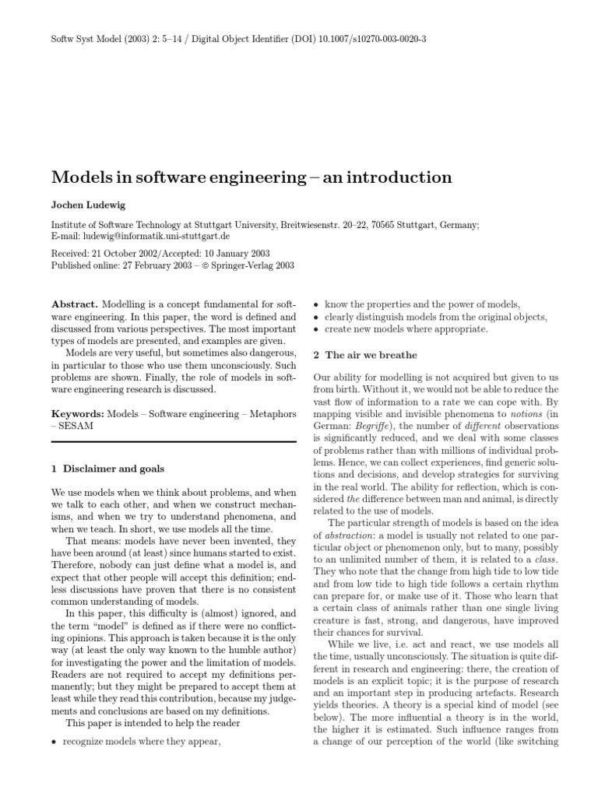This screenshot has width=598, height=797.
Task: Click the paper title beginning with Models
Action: point(252,177)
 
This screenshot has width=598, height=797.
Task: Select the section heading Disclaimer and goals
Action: point(114,469)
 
